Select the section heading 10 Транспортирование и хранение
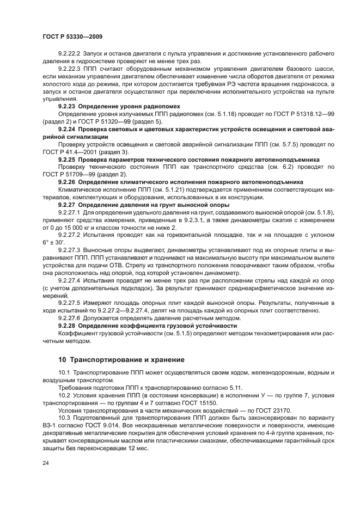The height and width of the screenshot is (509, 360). point(121,360)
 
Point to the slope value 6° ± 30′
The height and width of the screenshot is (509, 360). point(54,242)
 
